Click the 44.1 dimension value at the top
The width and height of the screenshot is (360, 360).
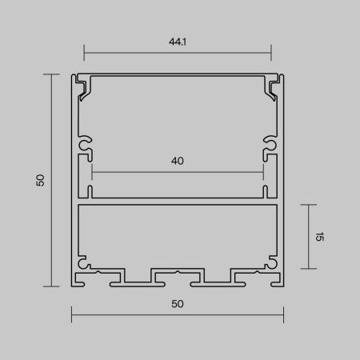pyautogui.click(x=178, y=42)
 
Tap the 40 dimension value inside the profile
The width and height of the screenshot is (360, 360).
pyautogui.click(x=178, y=161)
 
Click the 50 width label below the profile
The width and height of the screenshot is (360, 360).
pyautogui.click(x=178, y=303)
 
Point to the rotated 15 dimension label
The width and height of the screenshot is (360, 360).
pyautogui.click(x=318, y=237)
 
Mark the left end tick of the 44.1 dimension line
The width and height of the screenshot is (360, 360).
pyautogui.click(x=84, y=54)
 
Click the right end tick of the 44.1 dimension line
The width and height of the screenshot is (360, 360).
pyautogui.click(x=271, y=54)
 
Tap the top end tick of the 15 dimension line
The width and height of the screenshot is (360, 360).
pyautogui.click(x=308, y=204)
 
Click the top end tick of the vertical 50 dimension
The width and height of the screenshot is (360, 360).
pyautogui.click(x=52, y=74)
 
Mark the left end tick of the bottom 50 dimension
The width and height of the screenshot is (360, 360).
pyautogui.click(x=72, y=314)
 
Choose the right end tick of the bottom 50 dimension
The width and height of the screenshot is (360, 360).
pyautogui.click(x=285, y=314)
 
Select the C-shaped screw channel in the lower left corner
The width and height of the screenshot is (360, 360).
pyautogui.click(x=84, y=262)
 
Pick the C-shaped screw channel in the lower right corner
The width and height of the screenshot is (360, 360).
pyautogui.click(x=272, y=262)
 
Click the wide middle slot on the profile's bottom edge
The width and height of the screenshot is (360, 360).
pyautogui.click(x=178, y=277)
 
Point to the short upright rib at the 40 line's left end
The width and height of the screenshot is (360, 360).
pyautogui.click(x=92, y=190)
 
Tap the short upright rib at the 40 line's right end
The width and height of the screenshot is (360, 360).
pyautogui.click(x=263, y=190)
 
